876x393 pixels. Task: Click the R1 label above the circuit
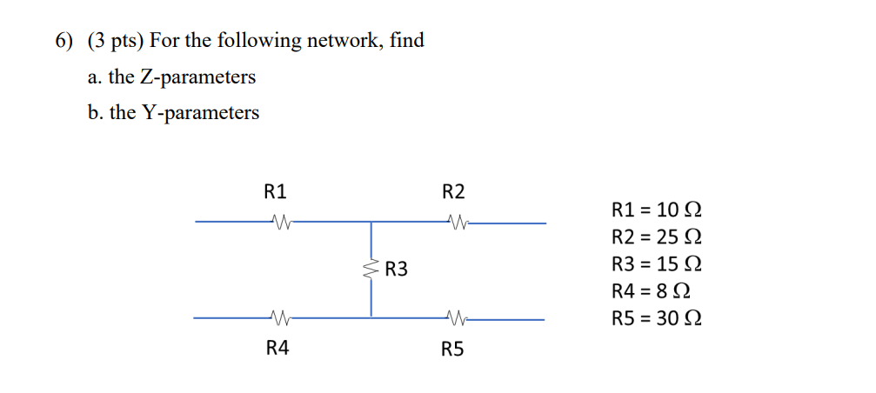coord(275,191)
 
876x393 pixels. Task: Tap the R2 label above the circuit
coord(453,191)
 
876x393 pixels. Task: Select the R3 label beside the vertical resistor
coord(397,270)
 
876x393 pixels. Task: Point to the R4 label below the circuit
coord(277,349)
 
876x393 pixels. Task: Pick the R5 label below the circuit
coord(453,350)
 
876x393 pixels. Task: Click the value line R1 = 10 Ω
coord(657,210)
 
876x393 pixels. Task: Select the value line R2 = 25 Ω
coord(657,236)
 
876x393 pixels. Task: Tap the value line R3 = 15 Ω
coord(657,263)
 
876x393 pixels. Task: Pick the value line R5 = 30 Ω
coord(657,317)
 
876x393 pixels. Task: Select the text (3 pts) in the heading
coord(115,41)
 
